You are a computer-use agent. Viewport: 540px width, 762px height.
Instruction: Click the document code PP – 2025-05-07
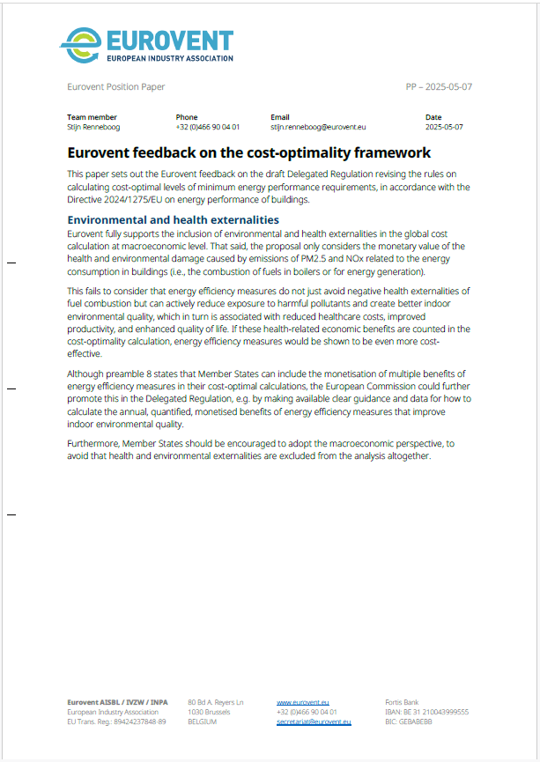tap(439, 87)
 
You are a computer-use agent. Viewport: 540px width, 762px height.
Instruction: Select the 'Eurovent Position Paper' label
tap(115, 87)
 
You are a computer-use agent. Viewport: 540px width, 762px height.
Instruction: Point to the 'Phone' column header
tap(187, 117)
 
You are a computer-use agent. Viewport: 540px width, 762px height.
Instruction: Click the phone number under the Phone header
tap(207, 127)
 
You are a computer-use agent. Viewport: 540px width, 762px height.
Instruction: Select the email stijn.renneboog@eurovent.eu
tap(317, 127)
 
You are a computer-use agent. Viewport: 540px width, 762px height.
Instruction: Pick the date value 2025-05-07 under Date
tap(444, 127)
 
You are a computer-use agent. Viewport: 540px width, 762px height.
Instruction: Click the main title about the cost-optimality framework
tap(248, 152)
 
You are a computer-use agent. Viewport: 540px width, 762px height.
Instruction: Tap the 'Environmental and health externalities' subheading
tap(173, 219)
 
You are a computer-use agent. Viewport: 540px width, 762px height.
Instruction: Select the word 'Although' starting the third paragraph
tap(87, 374)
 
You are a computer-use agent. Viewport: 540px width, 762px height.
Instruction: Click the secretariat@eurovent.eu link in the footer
tap(314, 721)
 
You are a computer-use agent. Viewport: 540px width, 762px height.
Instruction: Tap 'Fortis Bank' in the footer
tap(404, 702)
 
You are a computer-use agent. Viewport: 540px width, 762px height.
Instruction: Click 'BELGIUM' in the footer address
tap(203, 721)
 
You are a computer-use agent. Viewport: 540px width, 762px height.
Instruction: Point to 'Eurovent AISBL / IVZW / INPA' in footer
tap(117, 702)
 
